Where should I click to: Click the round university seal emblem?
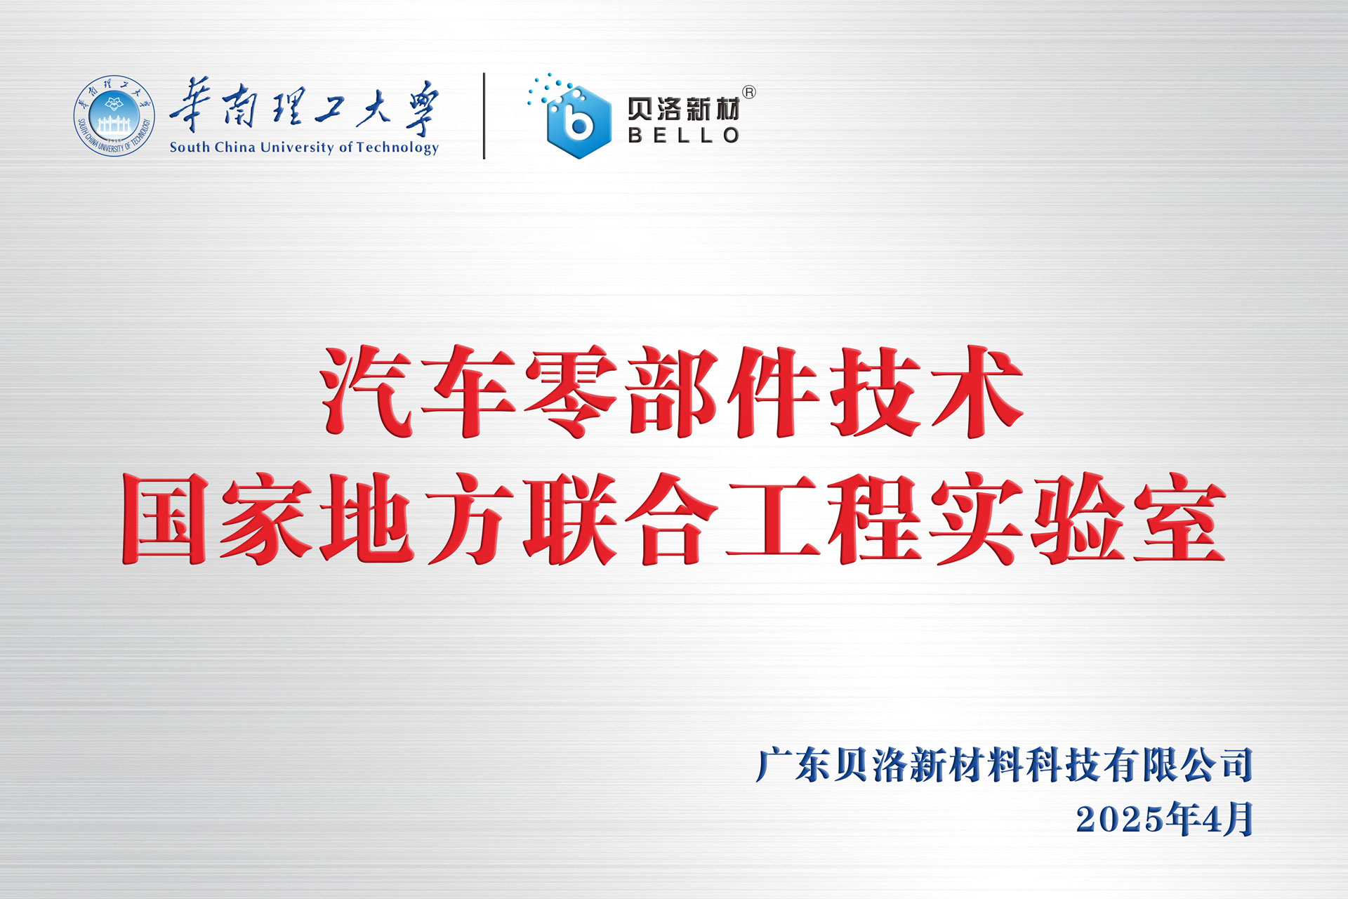click(114, 116)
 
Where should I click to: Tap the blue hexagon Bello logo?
click(579, 122)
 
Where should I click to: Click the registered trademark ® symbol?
click(749, 92)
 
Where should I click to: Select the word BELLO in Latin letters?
click(684, 135)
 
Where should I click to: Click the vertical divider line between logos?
click(484, 116)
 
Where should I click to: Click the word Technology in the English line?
click(397, 147)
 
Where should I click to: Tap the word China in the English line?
click(234, 147)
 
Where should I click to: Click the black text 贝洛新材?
click(684, 109)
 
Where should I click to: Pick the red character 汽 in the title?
click(366, 391)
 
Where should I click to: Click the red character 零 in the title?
click(571, 391)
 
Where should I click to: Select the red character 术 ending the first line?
click(977, 391)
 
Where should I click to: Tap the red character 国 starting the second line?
click(166, 518)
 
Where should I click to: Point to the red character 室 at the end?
click(1179, 518)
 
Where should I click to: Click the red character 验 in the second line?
click(1078, 518)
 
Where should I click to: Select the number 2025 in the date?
click(1119, 820)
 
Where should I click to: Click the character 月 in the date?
click(1239, 820)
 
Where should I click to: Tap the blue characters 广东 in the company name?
click(793, 765)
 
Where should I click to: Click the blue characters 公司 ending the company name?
click(1217, 765)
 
